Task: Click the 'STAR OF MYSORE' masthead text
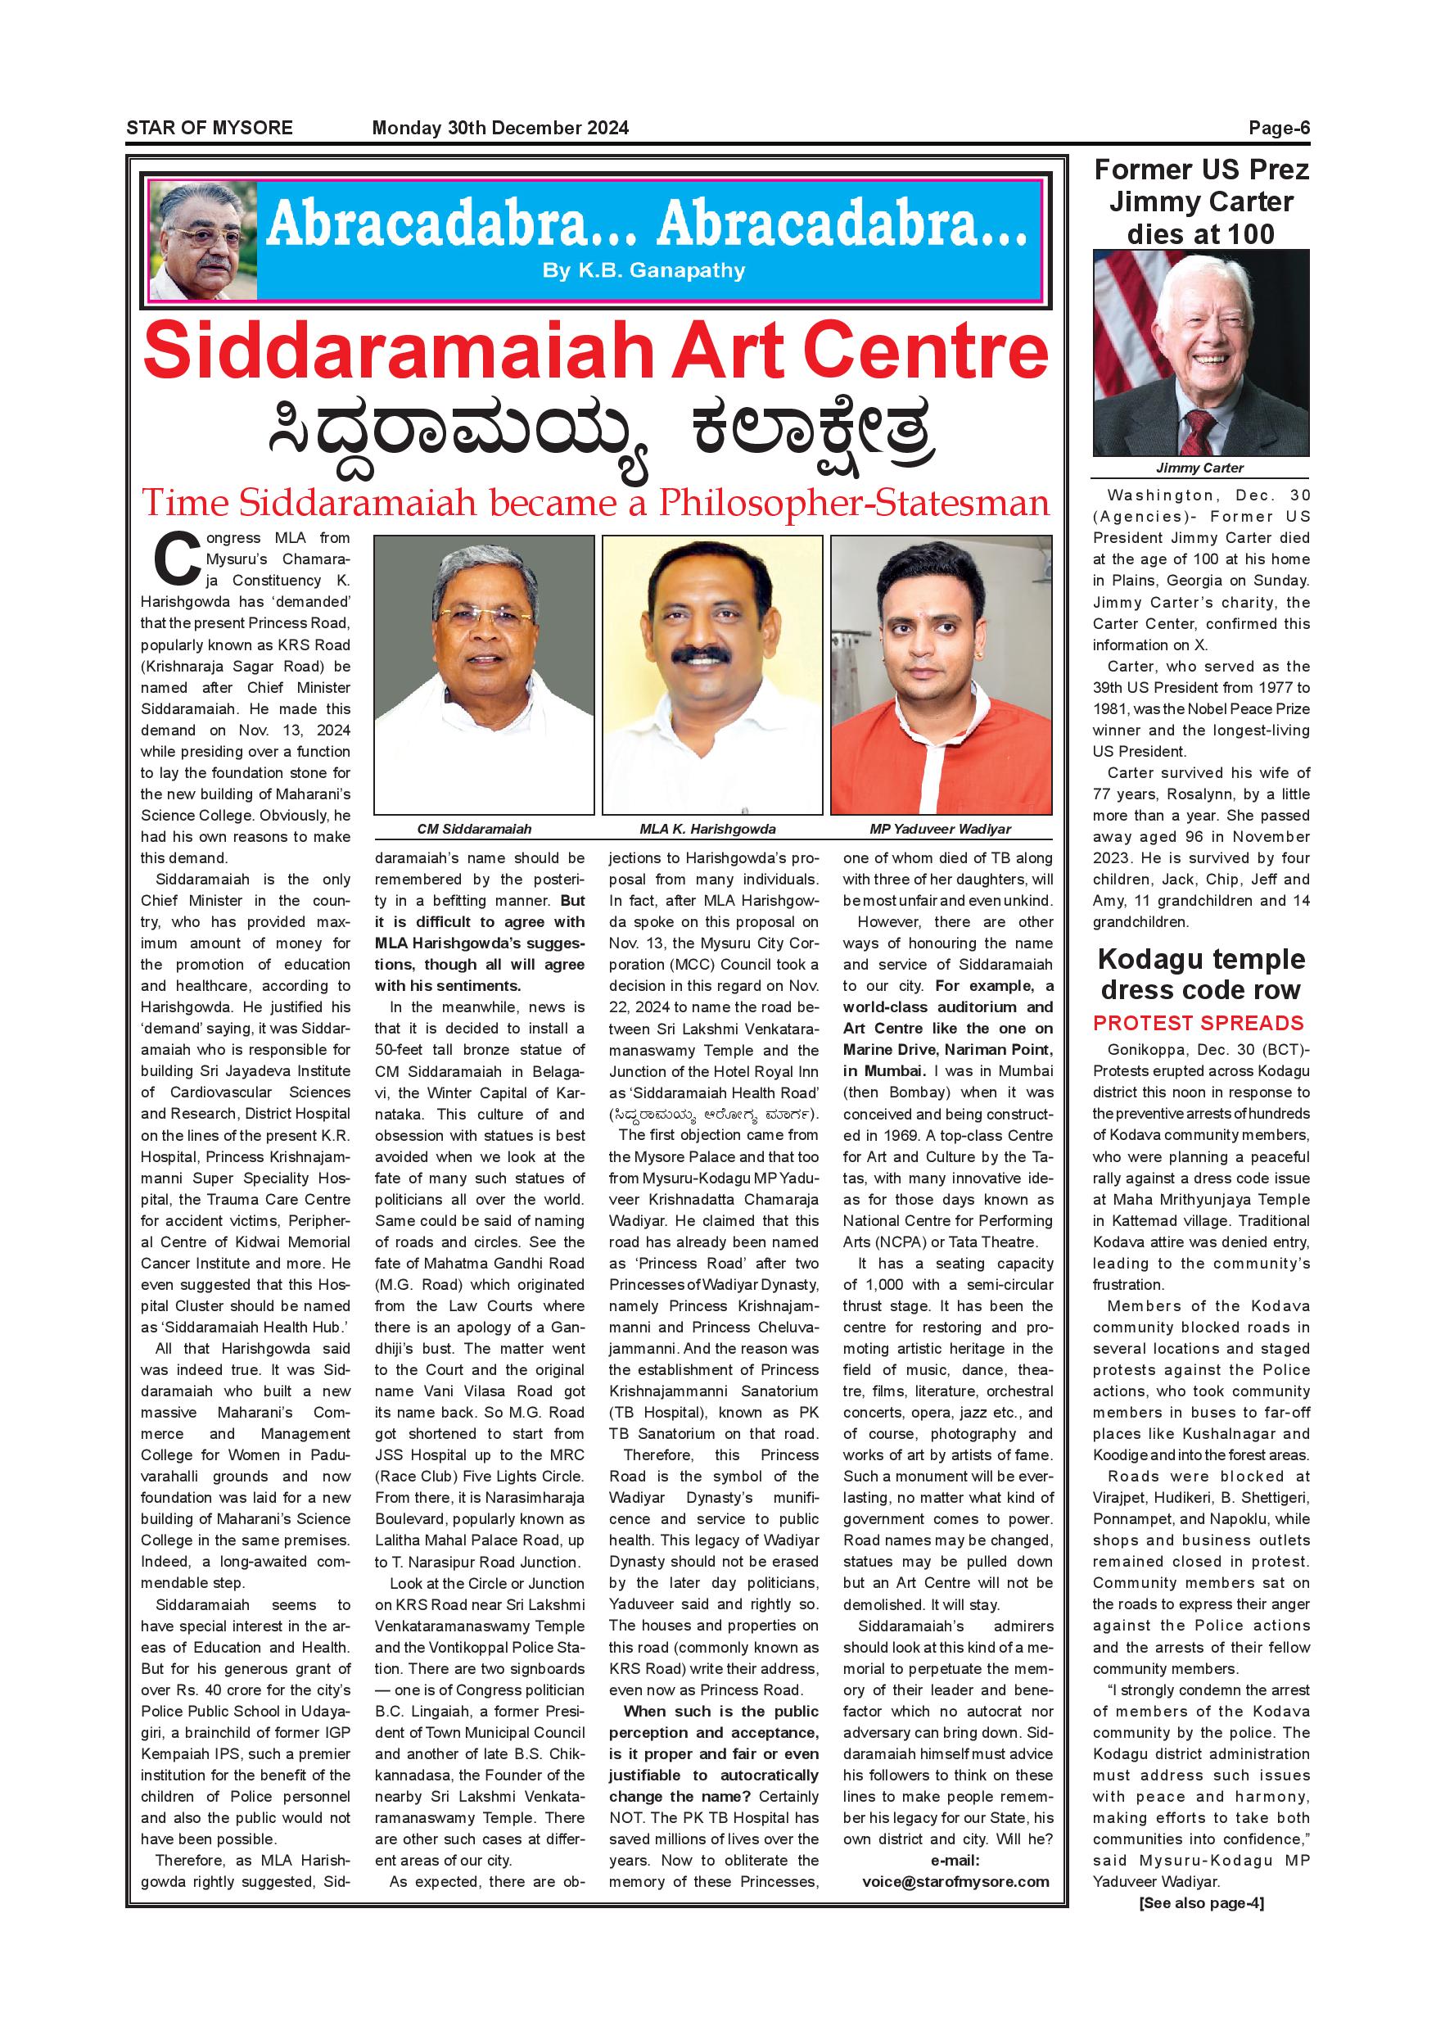(209, 128)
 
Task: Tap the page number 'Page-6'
(1279, 128)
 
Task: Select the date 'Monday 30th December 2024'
(499, 128)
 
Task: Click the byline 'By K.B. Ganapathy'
(643, 271)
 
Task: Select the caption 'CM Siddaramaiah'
(474, 829)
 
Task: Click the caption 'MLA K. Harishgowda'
(707, 829)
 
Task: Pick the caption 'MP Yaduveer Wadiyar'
(940, 829)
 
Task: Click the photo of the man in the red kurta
(941, 674)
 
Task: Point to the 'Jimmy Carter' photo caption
(1200, 468)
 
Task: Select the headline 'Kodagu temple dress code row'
(1201, 974)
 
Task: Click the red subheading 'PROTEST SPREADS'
(1198, 1023)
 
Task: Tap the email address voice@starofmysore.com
(955, 1881)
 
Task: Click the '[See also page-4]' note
(1201, 1902)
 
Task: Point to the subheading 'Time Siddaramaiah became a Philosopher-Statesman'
(595, 503)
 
